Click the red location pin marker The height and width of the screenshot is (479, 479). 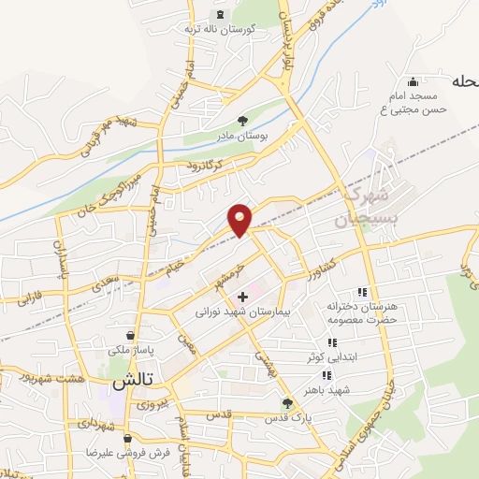(240, 219)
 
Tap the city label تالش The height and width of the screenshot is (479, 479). (132, 383)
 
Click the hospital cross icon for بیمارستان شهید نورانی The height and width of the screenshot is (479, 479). (243, 297)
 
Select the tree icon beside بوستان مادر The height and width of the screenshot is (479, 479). (243, 121)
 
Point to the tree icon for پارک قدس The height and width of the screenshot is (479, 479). (288, 404)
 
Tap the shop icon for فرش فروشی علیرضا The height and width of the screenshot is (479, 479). (130, 437)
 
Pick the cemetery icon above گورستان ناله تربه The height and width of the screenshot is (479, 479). (221, 14)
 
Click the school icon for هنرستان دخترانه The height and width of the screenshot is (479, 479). (360, 292)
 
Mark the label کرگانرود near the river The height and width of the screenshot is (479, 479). (203, 166)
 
